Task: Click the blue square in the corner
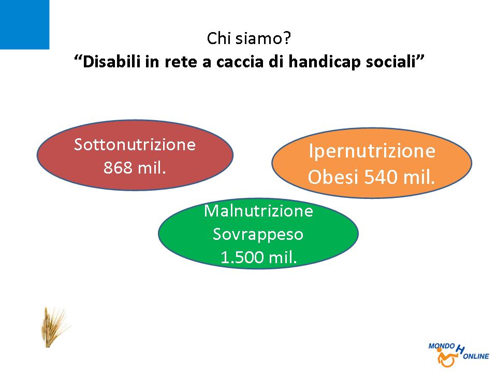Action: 24,24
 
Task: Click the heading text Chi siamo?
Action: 249,38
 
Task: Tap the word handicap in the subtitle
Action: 325,62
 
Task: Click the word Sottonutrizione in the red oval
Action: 135,145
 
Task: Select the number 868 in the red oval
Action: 118,167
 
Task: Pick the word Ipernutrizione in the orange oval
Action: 372,152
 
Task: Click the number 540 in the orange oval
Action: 382,177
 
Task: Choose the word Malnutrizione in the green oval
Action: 258,211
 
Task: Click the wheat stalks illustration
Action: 54,327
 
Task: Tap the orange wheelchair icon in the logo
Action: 447,358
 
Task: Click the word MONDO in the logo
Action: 442,346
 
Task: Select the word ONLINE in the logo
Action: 476,356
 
